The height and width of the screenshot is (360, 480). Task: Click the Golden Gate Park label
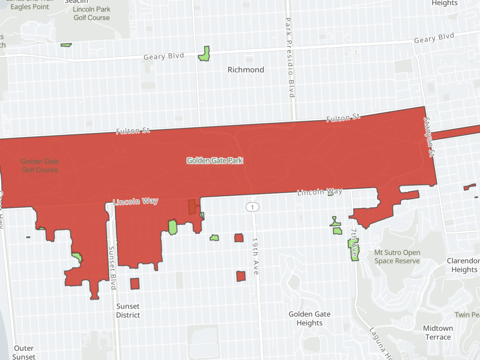click(215, 160)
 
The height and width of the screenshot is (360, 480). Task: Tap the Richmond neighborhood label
click(246, 70)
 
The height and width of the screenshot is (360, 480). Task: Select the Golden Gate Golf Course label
click(40, 166)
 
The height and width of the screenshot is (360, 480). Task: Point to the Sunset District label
click(128, 311)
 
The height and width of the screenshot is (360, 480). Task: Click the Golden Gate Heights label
click(310, 319)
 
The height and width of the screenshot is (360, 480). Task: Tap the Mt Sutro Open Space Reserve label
click(397, 257)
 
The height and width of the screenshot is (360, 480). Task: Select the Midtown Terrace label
click(438, 332)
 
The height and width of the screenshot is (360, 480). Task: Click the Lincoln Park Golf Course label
click(92, 14)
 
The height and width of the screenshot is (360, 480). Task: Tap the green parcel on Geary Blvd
click(205, 54)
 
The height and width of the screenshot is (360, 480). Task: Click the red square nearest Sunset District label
click(135, 284)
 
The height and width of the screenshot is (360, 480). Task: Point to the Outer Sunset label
click(24, 352)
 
